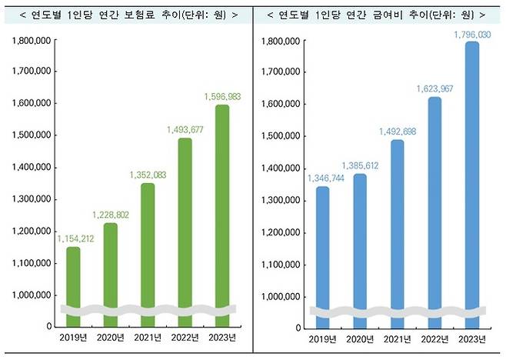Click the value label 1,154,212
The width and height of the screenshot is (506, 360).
click(75, 238)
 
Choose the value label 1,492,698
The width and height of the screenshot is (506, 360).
click(398, 131)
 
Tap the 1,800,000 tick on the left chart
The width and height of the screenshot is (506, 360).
click(32, 38)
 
